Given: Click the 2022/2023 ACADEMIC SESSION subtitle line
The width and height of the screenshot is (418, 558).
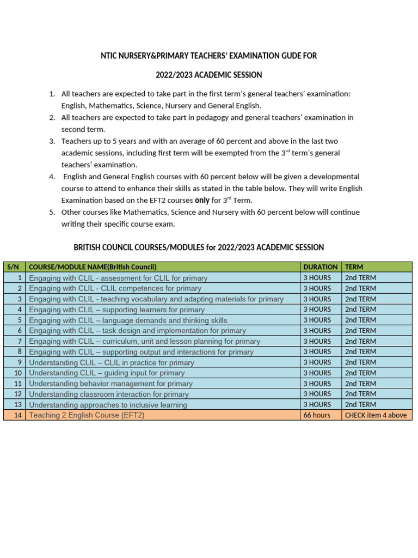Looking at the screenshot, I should (x=209, y=74).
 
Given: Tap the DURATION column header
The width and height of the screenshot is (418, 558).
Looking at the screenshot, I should (x=320, y=267).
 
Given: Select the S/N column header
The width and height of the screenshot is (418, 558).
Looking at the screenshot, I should (x=13, y=267).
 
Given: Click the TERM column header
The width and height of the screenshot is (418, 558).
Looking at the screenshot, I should (x=354, y=267).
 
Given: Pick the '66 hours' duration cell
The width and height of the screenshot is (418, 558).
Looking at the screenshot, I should (x=317, y=415).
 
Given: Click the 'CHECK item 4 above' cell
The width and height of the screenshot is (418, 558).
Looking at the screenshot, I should (x=376, y=415).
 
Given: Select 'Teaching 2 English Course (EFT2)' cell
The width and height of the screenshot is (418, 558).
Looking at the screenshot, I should (x=87, y=415).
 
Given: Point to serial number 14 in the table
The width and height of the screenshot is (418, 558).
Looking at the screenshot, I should (x=19, y=415).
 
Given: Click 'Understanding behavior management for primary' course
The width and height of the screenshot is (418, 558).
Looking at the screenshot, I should (x=110, y=384).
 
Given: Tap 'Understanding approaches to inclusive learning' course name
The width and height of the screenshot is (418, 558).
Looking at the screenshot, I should (x=108, y=405).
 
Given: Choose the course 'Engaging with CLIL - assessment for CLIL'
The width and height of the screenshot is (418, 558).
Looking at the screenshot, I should (x=118, y=278).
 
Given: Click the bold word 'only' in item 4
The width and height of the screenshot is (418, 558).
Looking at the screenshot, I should (x=202, y=200).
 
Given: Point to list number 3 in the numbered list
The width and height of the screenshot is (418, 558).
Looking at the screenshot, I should (x=52, y=141).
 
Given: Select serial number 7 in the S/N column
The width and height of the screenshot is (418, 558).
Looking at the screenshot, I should (x=20, y=341).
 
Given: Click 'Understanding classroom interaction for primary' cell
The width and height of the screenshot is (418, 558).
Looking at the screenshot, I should (x=109, y=394).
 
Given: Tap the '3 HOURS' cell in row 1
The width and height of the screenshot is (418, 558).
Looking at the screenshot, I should (x=317, y=278).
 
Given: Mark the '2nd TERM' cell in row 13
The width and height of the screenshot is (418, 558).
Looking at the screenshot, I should (x=360, y=405).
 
